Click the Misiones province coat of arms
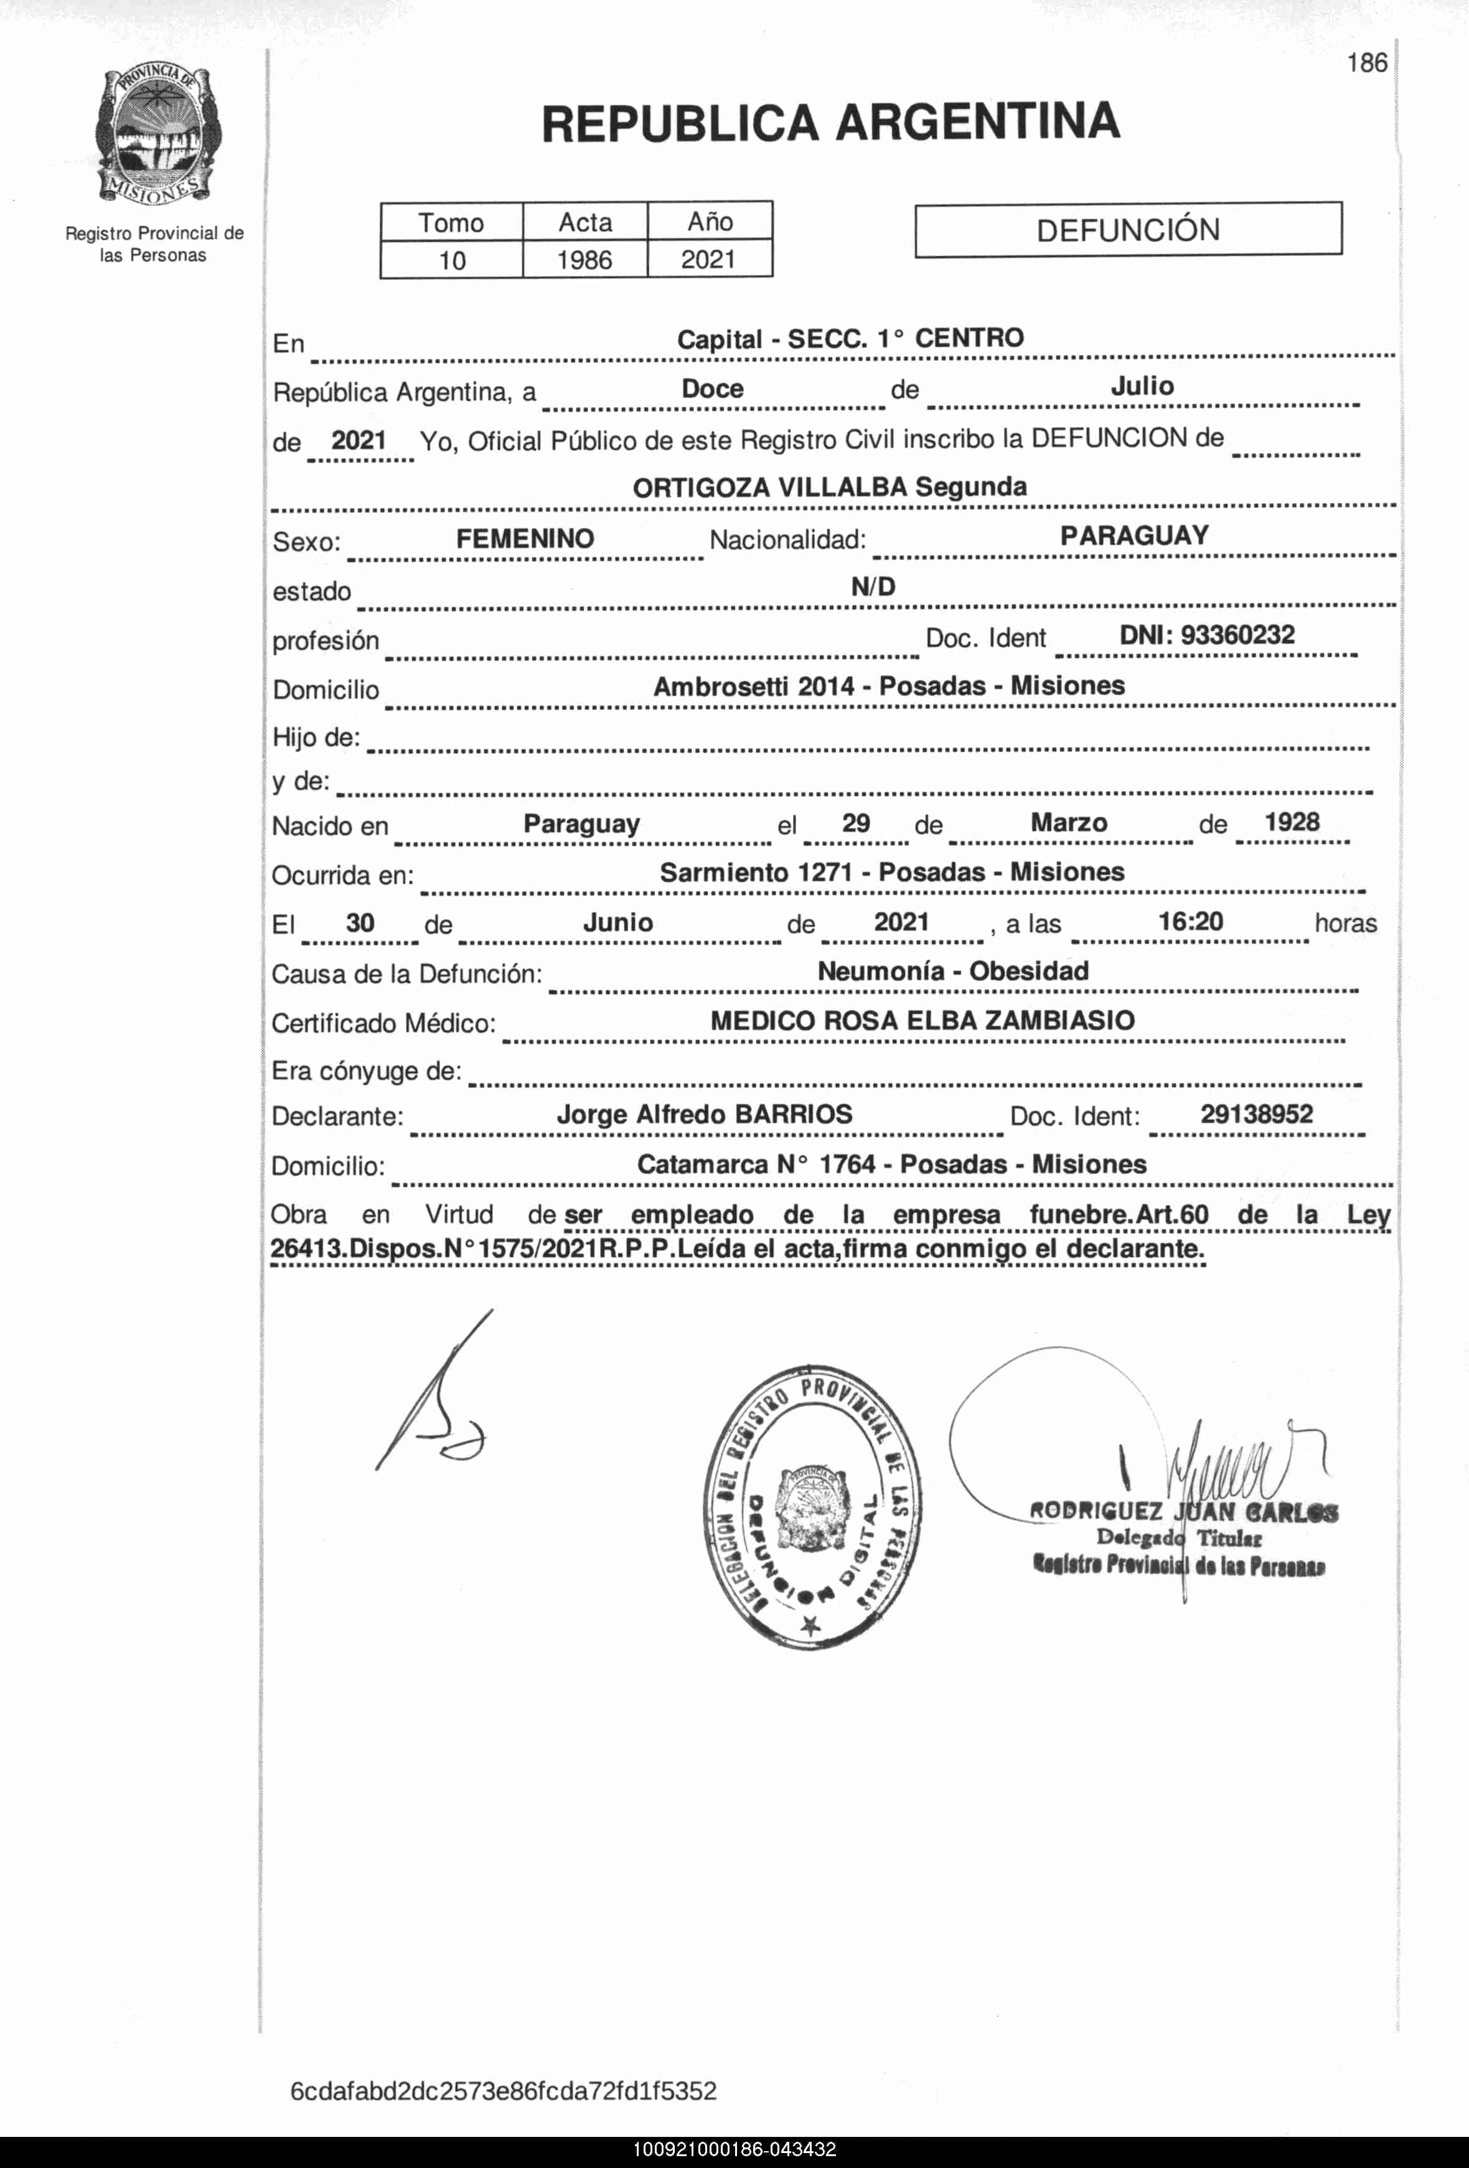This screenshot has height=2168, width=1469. tap(157, 136)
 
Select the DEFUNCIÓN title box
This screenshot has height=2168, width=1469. tap(1128, 230)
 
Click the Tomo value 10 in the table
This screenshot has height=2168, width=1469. tap(453, 260)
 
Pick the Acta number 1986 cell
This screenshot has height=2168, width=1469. tap(585, 260)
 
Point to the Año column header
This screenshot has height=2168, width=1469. tap(710, 222)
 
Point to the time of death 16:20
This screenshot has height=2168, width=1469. tap(1190, 922)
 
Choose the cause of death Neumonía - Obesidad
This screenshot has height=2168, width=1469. tap(952, 971)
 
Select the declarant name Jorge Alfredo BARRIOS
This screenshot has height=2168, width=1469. tap(704, 1115)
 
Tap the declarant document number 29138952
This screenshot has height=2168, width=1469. tap(1256, 1114)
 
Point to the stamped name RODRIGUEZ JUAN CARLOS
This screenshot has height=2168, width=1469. tap(1183, 1511)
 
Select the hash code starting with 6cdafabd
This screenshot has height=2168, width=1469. tap(503, 2091)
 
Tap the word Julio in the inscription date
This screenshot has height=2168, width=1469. tap(1142, 386)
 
